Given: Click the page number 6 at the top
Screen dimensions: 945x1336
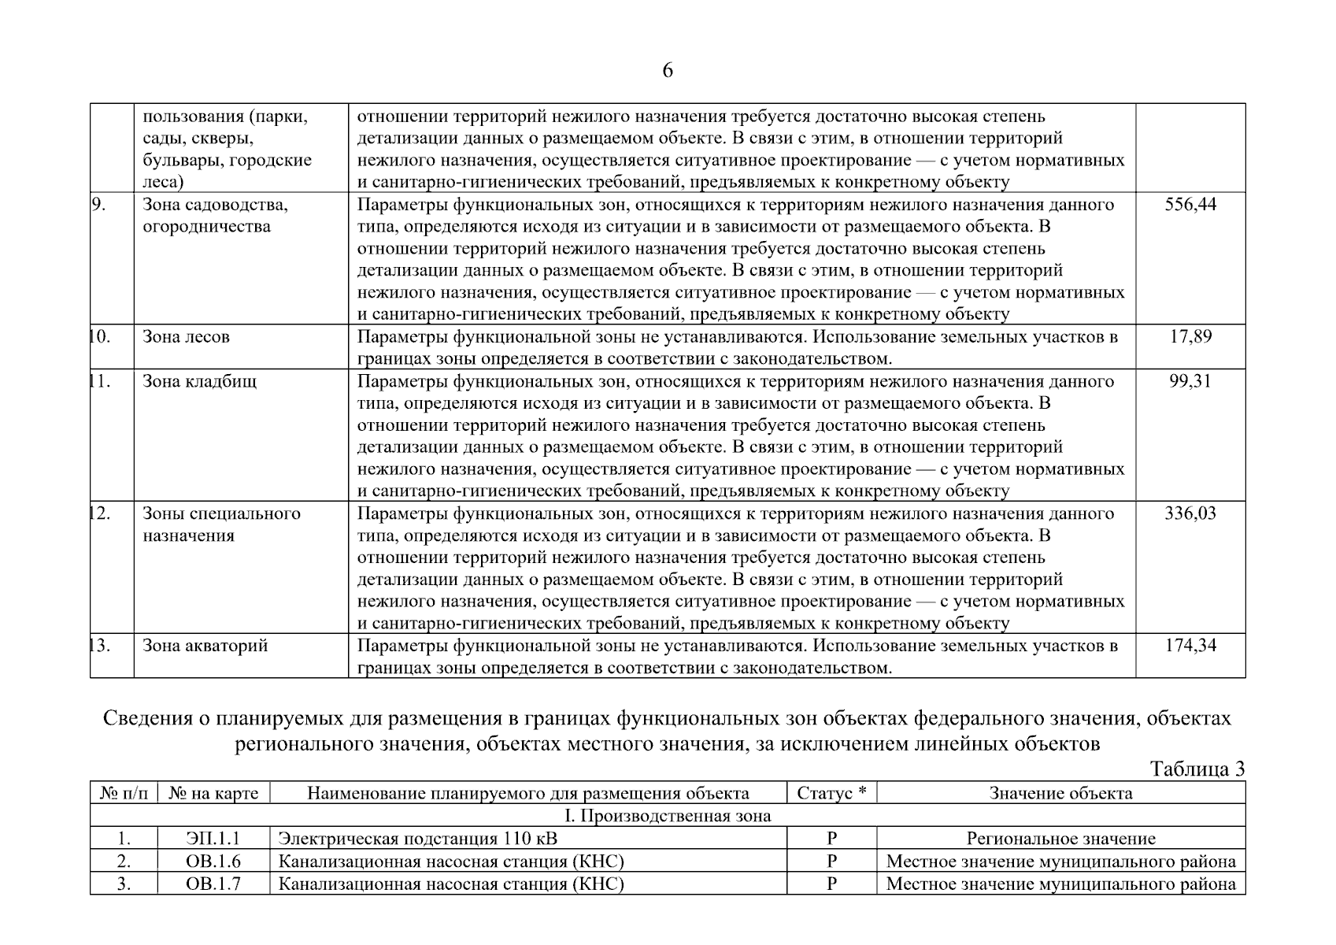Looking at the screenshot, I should click(668, 71).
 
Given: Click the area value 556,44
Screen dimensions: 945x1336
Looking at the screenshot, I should click(1190, 205).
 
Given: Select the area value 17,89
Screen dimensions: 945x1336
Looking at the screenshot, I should click(1190, 337).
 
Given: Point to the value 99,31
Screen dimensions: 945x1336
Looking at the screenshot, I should click(1190, 381).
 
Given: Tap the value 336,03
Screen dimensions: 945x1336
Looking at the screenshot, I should click(1190, 513).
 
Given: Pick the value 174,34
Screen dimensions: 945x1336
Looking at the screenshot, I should click(1190, 646).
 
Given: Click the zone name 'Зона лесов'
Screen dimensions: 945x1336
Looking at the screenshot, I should click(187, 337).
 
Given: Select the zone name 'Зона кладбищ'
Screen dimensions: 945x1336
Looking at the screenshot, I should click(199, 381).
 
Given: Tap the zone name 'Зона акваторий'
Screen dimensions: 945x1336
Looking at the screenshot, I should click(205, 646).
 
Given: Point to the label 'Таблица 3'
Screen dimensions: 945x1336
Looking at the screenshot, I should click(1197, 769).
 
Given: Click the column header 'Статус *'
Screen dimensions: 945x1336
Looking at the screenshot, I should click(831, 793).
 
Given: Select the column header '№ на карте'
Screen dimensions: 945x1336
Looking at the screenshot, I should click(213, 793).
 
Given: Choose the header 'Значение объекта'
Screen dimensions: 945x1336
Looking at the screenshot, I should click(1060, 793).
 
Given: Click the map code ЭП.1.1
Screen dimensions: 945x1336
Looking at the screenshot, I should click(213, 839).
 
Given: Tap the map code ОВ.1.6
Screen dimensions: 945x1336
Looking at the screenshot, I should click(213, 862).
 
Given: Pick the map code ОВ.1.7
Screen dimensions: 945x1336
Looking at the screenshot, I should click(213, 884).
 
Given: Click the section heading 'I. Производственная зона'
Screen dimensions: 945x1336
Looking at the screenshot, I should click(668, 816).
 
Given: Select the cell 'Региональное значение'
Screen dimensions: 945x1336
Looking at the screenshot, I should click(1060, 839).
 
